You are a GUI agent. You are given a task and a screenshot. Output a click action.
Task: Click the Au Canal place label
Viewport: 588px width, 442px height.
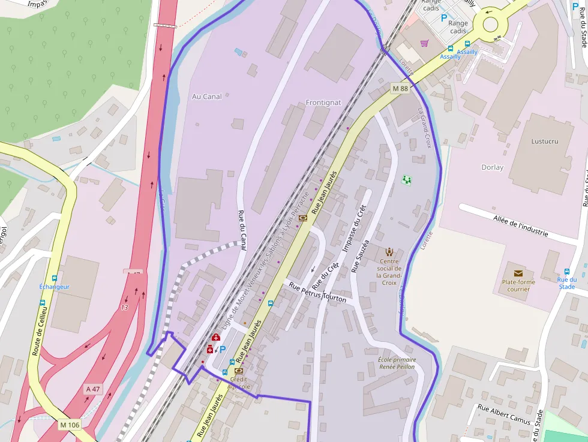206,97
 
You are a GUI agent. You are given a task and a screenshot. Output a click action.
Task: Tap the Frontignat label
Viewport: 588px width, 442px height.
323,103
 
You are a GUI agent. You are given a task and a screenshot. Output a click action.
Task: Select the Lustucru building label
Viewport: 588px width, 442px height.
544,142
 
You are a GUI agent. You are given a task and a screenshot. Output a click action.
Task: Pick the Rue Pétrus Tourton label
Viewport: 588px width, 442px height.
317,293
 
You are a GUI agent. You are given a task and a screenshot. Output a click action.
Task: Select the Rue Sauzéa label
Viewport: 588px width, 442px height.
359,256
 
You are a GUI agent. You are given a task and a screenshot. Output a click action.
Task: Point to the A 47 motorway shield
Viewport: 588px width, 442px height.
93,389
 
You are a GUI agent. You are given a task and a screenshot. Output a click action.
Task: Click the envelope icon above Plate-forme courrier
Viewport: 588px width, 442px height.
518,273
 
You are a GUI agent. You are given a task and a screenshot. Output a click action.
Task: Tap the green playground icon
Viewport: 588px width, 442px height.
407,179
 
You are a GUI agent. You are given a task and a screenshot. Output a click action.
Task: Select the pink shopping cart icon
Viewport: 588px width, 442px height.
425,43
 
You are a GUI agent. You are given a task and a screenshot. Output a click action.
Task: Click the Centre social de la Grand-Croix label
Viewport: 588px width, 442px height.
389,272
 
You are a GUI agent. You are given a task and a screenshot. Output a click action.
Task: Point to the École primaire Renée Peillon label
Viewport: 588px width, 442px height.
397,363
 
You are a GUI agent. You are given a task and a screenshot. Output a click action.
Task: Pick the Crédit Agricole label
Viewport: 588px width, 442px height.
239,383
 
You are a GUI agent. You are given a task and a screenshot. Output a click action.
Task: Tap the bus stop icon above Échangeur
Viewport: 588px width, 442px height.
55,278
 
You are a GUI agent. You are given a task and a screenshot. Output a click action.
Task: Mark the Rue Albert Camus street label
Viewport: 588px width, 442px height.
504,414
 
